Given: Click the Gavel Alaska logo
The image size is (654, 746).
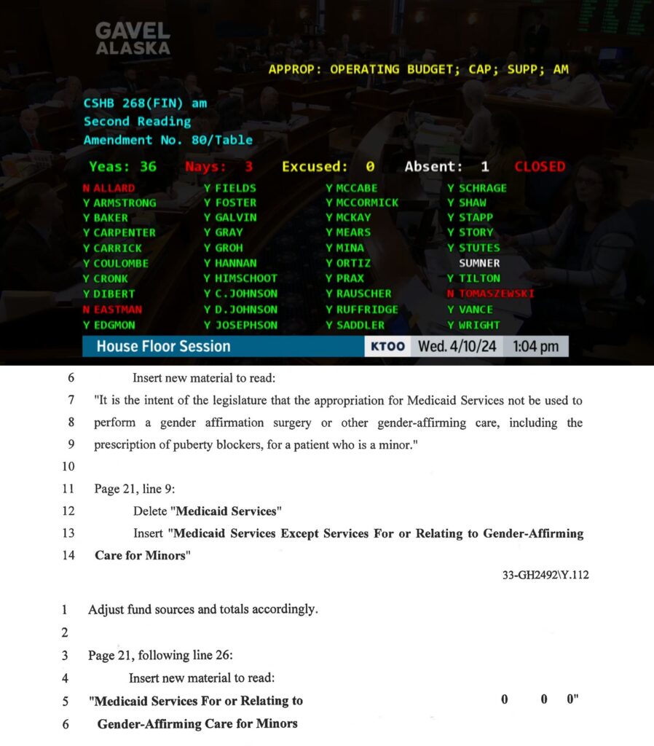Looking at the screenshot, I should pos(133,39).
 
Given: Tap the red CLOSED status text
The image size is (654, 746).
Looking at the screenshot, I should pos(540,166).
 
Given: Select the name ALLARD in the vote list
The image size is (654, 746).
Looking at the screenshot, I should pos(114,188).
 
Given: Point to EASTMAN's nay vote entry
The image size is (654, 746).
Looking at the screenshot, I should pos(114,309).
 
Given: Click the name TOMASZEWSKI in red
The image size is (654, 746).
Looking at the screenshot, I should pos(496,294).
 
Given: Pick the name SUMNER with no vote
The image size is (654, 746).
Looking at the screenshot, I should pos(479,263).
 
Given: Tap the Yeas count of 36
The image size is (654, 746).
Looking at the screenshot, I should pos(148,166).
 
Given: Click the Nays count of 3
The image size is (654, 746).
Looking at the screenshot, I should pos(248,166).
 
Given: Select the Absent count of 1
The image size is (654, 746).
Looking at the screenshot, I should pos(484,166).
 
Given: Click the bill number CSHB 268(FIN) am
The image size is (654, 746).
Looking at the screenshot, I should pos(145,103).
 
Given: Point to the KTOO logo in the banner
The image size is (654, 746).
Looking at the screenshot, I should pos(387,346).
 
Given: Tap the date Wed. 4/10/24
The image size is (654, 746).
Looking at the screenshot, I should pos(457,346).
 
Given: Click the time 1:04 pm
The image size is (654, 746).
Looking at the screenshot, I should pos(535,346).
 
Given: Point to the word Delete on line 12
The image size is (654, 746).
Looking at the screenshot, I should pos(150,511).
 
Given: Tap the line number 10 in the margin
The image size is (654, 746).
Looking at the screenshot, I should pos(69,466).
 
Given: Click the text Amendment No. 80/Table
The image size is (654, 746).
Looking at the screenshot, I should pos(168,140).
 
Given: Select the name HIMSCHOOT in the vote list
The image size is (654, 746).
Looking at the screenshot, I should pos(246,278).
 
